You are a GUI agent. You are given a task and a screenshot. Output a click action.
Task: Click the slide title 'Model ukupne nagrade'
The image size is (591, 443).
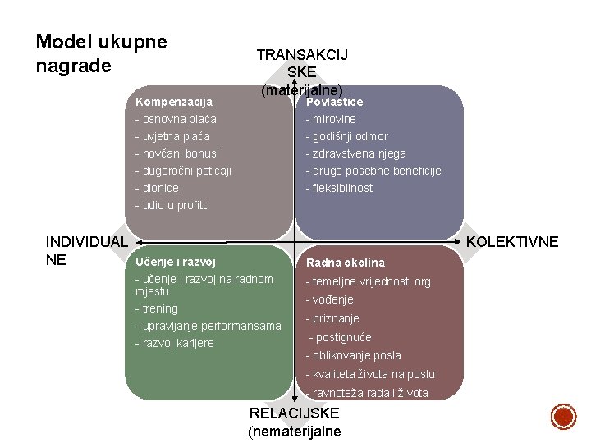102,53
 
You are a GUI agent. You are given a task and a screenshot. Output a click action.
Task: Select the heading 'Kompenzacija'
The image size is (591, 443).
173,102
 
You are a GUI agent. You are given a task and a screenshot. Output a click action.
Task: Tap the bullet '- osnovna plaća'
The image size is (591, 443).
176,119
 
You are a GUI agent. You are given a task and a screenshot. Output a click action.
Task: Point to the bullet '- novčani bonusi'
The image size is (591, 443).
177,153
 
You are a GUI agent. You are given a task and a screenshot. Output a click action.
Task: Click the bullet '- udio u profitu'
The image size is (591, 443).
172,205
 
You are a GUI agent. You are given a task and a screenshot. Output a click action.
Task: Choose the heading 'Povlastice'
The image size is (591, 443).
334,102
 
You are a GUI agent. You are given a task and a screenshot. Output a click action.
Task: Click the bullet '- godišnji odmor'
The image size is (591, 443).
347,136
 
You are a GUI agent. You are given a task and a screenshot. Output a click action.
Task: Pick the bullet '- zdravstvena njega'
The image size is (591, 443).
356,153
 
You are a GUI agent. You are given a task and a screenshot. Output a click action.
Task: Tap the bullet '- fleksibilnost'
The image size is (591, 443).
340,188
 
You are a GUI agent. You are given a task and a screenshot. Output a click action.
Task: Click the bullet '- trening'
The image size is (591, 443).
157,308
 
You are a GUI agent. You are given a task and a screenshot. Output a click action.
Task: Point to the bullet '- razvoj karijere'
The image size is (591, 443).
174,343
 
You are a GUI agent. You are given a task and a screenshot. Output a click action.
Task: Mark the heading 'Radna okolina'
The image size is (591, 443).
345,263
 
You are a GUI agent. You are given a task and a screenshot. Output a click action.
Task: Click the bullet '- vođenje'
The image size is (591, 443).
330,299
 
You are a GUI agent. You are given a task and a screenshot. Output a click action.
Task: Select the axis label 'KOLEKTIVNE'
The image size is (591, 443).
512,242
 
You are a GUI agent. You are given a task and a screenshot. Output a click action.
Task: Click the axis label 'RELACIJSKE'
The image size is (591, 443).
294,414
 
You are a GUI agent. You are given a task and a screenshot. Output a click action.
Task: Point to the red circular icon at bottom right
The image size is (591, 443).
563,416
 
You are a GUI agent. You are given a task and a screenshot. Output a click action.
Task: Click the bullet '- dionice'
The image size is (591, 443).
157,188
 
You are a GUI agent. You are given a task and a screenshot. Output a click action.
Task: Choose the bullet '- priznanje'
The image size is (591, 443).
333,318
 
